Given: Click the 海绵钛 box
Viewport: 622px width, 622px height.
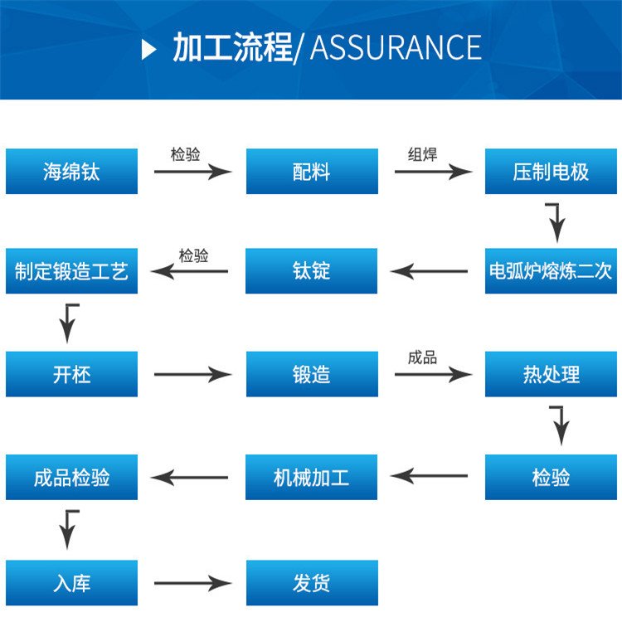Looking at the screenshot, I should click(72, 172).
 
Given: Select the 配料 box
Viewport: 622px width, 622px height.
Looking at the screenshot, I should click(312, 172).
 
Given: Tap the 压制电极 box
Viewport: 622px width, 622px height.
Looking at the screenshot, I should click(552, 172).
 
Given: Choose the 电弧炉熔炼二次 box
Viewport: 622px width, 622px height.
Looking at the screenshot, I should click(552, 271).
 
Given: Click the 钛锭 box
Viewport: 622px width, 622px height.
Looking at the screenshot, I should click(312, 271).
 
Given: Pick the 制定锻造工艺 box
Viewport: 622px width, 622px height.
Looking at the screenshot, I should click(72, 271).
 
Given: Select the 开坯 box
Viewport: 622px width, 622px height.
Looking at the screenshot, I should click(72, 374).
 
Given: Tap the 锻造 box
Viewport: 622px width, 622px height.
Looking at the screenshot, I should click(312, 374).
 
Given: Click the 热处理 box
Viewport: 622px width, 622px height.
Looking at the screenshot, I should click(552, 374).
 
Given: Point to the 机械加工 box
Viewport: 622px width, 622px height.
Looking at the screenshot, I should click(312, 477).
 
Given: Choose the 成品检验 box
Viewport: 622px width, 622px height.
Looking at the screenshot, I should click(72, 477).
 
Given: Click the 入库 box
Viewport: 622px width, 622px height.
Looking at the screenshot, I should click(72, 583).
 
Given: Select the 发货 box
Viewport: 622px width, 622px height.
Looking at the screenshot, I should click(312, 583).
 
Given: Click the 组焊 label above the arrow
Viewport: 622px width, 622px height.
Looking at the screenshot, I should click(422, 154).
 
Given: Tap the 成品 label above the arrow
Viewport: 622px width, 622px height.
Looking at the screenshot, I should click(422, 357).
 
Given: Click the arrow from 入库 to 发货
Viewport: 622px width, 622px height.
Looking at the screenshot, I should click(192, 584).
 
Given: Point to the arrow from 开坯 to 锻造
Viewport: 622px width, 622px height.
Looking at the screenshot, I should click(192, 375).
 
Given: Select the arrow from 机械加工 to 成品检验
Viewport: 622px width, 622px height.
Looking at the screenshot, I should click(189, 477).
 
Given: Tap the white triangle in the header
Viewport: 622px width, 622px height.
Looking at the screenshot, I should click(149, 49).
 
